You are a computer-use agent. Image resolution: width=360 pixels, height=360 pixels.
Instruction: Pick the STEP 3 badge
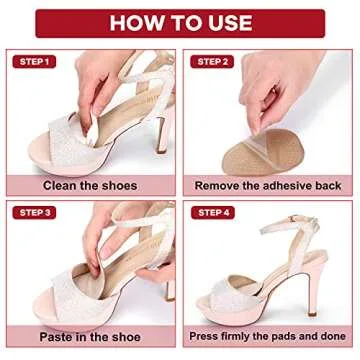[33, 212]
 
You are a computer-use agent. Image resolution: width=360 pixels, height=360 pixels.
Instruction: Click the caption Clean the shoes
[91, 185]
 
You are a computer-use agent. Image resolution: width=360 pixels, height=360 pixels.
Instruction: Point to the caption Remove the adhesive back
[268, 185]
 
